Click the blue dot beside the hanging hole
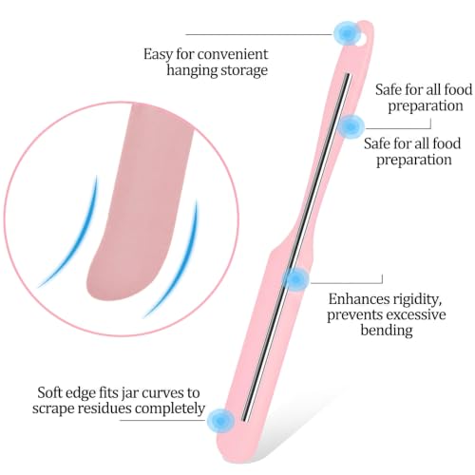tap(347, 33)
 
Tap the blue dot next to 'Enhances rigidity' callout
tap(295, 279)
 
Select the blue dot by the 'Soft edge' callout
tap(220, 421)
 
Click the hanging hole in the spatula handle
tap(364, 37)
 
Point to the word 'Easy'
tap(159, 55)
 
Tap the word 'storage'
tap(244, 71)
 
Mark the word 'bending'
tap(387, 331)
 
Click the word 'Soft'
tap(50, 392)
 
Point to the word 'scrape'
tap(53, 408)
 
